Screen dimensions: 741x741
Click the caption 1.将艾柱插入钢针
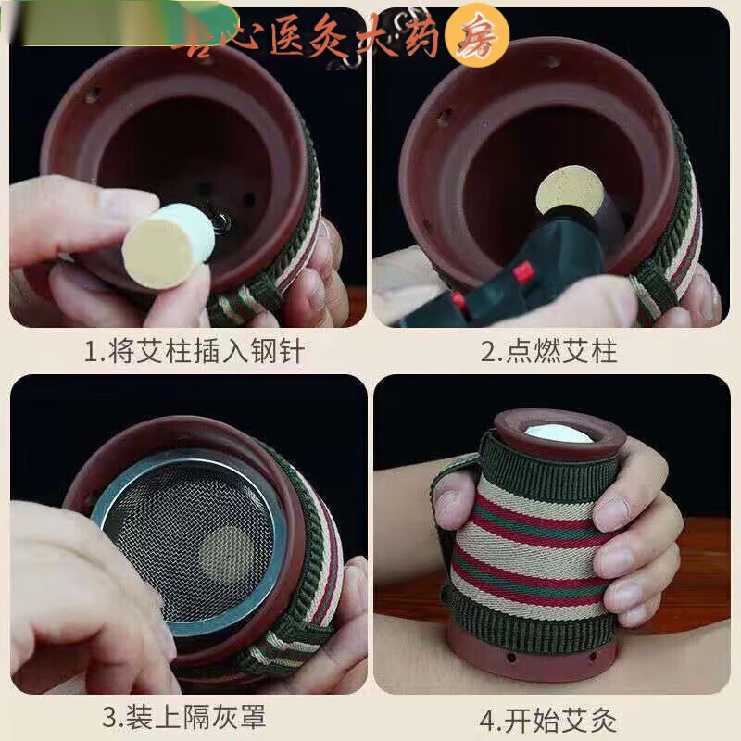click(193, 352)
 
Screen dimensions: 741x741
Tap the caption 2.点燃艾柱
click(548, 352)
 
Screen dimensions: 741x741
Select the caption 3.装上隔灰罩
click(193, 718)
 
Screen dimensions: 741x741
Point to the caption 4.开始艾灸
click(548, 718)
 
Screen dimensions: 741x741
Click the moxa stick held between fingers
click(169, 245)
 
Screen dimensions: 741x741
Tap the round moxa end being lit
click(570, 190)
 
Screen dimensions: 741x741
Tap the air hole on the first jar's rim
click(94, 94)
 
